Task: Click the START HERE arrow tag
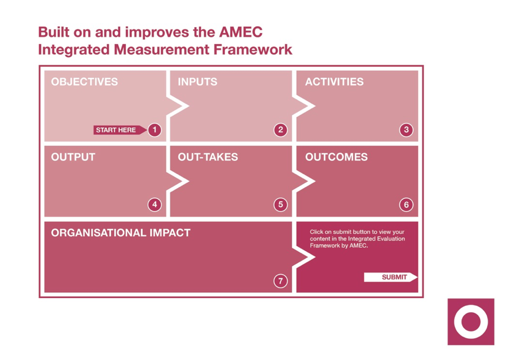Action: click(x=120, y=130)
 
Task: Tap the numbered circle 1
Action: click(x=155, y=130)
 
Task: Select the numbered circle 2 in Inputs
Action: click(x=281, y=130)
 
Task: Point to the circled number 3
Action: click(x=406, y=130)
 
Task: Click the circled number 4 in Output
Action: click(x=155, y=204)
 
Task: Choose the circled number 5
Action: click(x=281, y=204)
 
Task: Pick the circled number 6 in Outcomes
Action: click(x=406, y=204)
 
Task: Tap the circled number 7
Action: click(x=281, y=281)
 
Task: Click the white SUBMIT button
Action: click(x=390, y=277)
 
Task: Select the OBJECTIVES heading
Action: click(x=84, y=82)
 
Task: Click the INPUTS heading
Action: click(x=198, y=82)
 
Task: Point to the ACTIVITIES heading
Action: click(x=334, y=82)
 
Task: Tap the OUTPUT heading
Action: click(x=73, y=157)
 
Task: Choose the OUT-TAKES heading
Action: click(x=208, y=157)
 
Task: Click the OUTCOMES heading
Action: click(x=336, y=157)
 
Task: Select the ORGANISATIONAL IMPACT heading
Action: click(x=121, y=233)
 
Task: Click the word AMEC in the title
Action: click(x=241, y=32)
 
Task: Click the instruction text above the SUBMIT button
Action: click(x=357, y=239)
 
